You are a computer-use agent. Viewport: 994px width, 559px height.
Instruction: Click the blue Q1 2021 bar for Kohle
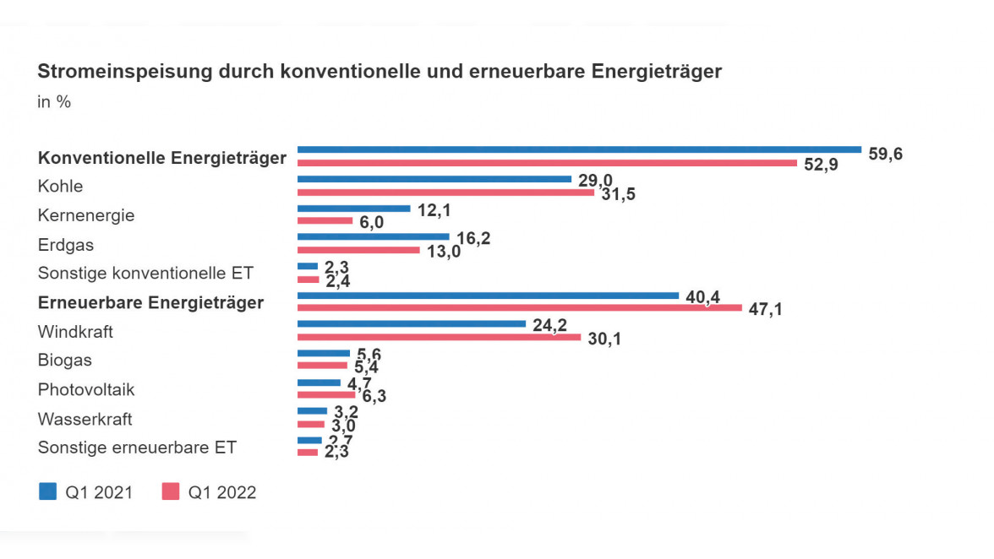point(434,179)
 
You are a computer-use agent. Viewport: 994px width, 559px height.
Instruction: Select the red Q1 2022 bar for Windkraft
point(439,337)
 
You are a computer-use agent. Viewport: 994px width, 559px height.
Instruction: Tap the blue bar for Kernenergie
point(353,209)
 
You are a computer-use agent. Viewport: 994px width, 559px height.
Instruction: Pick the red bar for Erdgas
point(358,250)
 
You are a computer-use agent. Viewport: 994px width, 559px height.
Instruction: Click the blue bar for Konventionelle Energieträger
point(579,150)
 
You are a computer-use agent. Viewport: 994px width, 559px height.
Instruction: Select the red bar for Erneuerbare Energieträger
point(519,308)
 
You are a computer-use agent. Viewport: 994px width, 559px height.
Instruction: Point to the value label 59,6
point(885,154)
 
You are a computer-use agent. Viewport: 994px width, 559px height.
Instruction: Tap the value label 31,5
point(618,195)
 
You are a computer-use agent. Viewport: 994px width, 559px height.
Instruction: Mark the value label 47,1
point(765,309)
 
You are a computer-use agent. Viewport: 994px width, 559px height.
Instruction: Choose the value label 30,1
point(603,339)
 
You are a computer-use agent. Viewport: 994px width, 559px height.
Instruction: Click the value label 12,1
point(434,209)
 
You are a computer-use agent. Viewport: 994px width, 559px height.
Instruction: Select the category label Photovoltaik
point(86,389)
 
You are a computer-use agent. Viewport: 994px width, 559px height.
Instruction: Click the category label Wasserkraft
point(85,419)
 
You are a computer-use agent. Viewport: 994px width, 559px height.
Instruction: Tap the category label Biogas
point(64,361)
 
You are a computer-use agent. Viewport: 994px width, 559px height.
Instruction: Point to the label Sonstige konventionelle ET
point(145,274)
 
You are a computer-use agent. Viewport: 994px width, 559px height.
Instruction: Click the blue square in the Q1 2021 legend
point(48,491)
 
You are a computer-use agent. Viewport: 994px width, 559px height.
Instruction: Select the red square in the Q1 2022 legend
point(170,491)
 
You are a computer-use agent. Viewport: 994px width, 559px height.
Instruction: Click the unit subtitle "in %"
point(54,101)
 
